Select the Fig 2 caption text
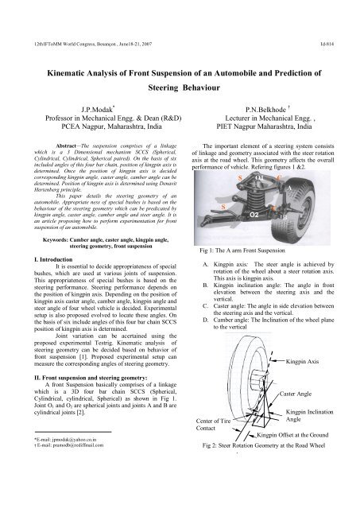coord(270,447)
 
